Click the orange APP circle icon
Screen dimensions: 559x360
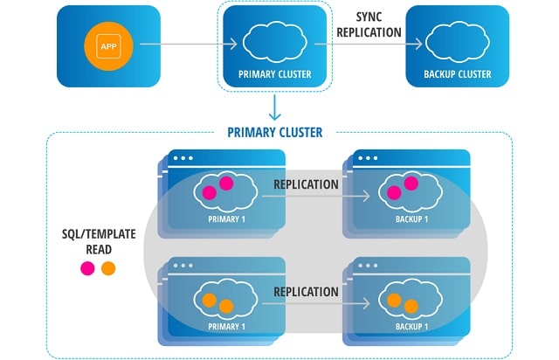tap(108, 46)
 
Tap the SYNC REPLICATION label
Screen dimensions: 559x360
tap(369, 24)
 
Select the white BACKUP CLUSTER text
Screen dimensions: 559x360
tap(458, 74)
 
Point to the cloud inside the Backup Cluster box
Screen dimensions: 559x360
tap(458, 41)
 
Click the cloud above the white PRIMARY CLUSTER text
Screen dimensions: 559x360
tap(275, 41)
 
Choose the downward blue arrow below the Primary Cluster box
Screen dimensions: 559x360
tap(274, 107)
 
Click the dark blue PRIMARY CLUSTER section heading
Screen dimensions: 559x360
tap(275, 132)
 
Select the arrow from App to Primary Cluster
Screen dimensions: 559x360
tap(189, 44)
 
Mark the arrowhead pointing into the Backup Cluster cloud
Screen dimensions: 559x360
tap(417, 44)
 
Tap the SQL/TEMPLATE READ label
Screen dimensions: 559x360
tap(99, 241)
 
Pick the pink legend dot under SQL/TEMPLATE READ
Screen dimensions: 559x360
tap(87, 268)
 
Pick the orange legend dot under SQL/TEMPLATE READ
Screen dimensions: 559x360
tap(108, 268)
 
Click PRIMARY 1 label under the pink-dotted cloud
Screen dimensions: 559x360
tap(227, 219)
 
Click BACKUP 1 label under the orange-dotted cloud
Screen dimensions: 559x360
tap(411, 327)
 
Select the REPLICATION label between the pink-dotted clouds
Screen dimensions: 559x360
tap(306, 184)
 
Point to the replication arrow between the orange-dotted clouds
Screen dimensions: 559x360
tap(316, 303)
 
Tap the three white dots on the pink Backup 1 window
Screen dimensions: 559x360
tap(368, 158)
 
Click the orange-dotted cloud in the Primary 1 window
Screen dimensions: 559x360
tap(225, 299)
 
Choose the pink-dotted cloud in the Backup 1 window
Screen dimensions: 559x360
tap(411, 191)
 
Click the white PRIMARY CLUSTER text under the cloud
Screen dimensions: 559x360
tap(275, 74)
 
